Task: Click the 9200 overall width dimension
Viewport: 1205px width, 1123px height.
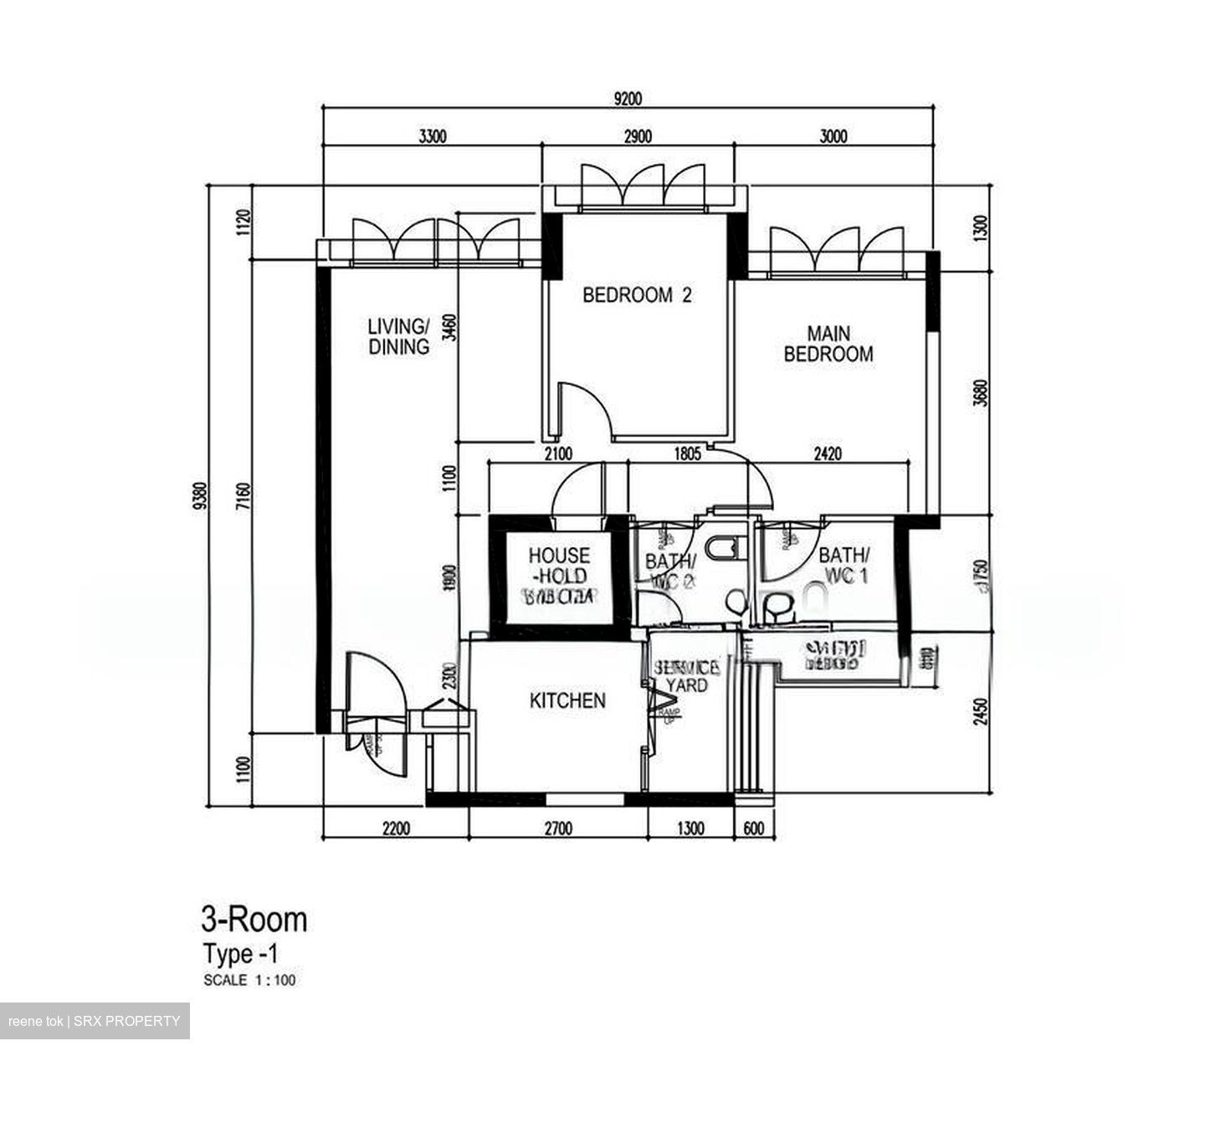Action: click(x=628, y=99)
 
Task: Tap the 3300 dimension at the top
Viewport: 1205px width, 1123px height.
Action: click(x=432, y=136)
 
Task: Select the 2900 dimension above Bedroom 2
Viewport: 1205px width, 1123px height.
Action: click(x=638, y=136)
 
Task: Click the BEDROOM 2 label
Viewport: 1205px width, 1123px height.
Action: click(x=637, y=295)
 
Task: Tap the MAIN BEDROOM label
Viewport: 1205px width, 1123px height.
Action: click(x=828, y=344)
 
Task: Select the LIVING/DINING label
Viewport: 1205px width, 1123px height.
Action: click(x=399, y=336)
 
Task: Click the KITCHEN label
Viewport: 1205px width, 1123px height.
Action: click(x=567, y=700)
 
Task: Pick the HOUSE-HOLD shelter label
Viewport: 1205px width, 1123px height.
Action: click(x=559, y=567)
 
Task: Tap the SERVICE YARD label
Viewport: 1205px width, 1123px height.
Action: click(x=686, y=677)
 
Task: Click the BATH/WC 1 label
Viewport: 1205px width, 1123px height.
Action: click(x=843, y=565)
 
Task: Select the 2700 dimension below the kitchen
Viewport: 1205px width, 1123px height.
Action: click(x=558, y=828)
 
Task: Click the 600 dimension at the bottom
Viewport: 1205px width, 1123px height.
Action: click(x=753, y=828)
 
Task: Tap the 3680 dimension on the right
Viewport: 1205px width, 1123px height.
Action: click(x=982, y=393)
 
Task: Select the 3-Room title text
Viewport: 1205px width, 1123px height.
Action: click(x=254, y=920)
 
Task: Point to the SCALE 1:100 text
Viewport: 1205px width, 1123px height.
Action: click(x=249, y=980)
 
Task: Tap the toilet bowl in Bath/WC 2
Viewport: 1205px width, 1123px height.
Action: click(x=720, y=547)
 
